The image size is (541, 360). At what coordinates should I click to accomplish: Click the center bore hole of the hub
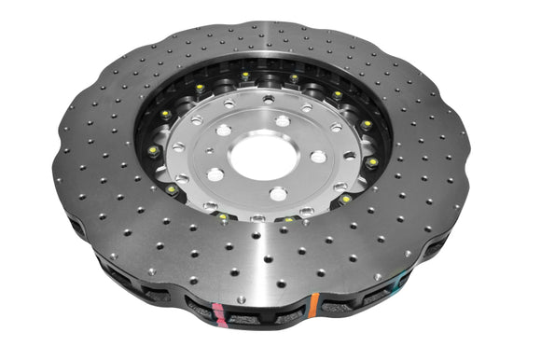coord(263,158)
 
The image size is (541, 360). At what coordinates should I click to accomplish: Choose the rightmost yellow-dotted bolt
coord(372,161)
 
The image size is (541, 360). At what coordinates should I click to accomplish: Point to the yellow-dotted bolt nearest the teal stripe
coord(346,199)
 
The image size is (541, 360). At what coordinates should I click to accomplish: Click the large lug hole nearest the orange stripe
coord(278,194)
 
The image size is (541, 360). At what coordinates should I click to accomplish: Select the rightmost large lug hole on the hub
coord(319,157)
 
